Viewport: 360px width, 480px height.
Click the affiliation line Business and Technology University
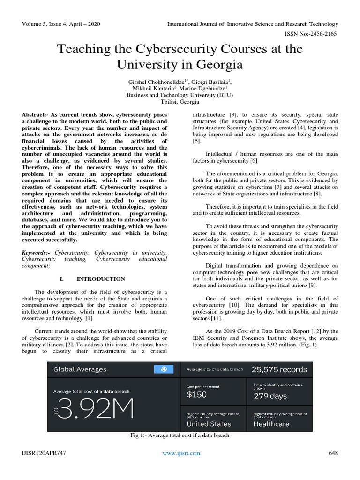click(x=180, y=94)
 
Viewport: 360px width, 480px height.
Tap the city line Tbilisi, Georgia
click(x=180, y=101)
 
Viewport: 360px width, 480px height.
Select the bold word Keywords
click(x=36, y=253)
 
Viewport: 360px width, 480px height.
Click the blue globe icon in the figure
click(x=163, y=369)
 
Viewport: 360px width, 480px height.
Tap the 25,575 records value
click(x=279, y=369)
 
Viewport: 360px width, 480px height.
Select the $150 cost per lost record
click(x=196, y=395)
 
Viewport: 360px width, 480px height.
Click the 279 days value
click(x=270, y=396)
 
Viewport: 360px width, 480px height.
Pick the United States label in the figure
click(x=209, y=424)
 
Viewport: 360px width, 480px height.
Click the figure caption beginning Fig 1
click(x=180, y=436)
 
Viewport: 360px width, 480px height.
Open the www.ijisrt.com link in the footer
click(x=181, y=453)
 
